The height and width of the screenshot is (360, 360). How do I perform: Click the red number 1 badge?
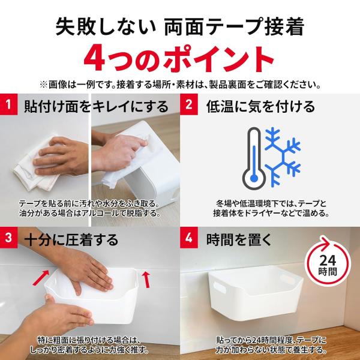(9, 104)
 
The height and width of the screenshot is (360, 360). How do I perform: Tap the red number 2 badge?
(189, 104)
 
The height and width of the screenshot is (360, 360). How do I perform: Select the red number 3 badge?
(9, 238)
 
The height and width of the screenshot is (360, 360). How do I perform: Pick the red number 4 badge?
(189, 238)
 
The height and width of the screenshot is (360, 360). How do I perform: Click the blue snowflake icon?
(283, 157)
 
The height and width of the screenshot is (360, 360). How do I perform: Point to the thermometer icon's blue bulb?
(254, 178)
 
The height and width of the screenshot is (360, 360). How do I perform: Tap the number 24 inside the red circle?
(328, 260)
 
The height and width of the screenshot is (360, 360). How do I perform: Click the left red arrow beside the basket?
(41, 277)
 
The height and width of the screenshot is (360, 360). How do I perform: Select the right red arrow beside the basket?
(146, 280)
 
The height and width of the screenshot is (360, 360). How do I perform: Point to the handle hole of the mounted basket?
(220, 287)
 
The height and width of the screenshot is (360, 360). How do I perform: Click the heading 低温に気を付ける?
(260, 107)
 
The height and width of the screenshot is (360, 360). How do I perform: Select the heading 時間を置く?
(239, 239)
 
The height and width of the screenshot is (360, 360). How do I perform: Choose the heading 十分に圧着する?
(71, 239)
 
